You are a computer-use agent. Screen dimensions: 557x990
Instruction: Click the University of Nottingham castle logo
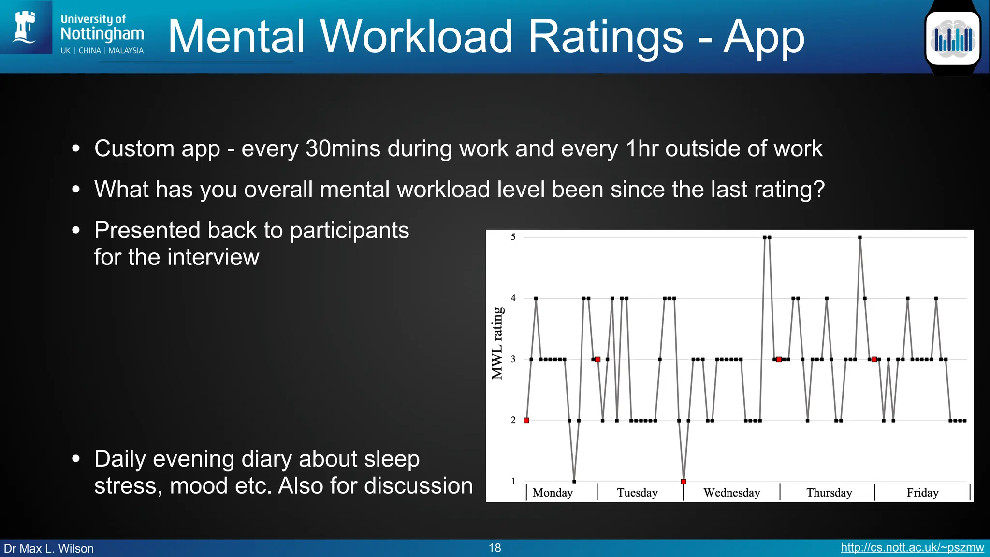pyautogui.click(x=25, y=27)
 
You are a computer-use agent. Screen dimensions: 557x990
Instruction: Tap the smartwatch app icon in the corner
pyautogui.click(x=952, y=38)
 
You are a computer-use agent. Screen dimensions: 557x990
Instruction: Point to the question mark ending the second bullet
pyautogui.click(x=819, y=189)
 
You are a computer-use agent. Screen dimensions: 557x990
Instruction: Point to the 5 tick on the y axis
pyautogui.click(x=513, y=237)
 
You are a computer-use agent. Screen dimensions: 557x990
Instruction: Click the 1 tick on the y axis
pyautogui.click(x=513, y=481)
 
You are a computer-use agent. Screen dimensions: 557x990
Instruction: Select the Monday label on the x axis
pyautogui.click(x=553, y=493)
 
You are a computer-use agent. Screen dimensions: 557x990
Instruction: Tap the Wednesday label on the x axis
pyautogui.click(x=731, y=493)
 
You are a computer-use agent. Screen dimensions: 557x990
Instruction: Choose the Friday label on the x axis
pyautogui.click(x=922, y=493)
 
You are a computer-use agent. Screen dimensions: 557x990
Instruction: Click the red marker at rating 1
pyautogui.click(x=684, y=482)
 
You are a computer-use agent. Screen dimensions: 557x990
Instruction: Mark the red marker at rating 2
pyautogui.click(x=526, y=420)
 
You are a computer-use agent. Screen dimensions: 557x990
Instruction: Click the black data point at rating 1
pyautogui.click(x=574, y=482)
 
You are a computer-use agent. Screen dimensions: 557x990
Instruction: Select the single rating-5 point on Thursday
pyautogui.click(x=860, y=237)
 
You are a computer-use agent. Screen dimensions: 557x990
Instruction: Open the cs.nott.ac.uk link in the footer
pyautogui.click(x=912, y=548)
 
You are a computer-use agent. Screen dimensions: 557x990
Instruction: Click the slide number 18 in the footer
pyautogui.click(x=495, y=548)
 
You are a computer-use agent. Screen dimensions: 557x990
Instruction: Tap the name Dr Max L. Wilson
pyautogui.click(x=49, y=548)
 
